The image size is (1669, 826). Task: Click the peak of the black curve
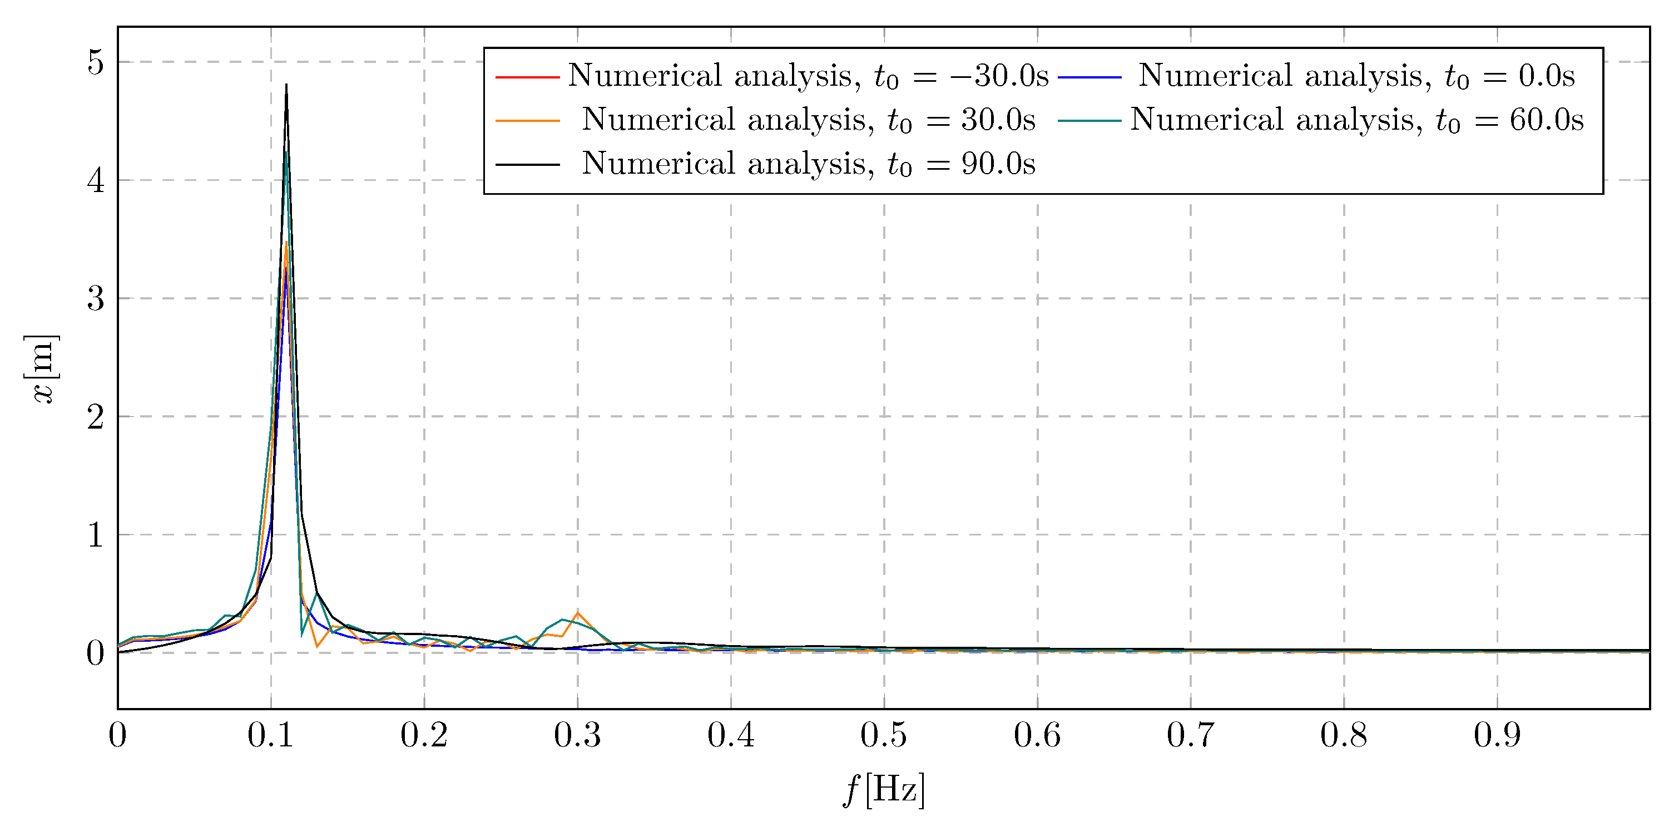coord(286,86)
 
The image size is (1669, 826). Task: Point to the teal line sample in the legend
coord(1090,121)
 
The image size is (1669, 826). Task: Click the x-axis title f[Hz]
coord(884,790)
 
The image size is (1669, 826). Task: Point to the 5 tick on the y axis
coord(95,63)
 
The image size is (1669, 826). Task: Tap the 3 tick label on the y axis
coord(95,299)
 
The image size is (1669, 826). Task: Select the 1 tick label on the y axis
coord(95,535)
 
